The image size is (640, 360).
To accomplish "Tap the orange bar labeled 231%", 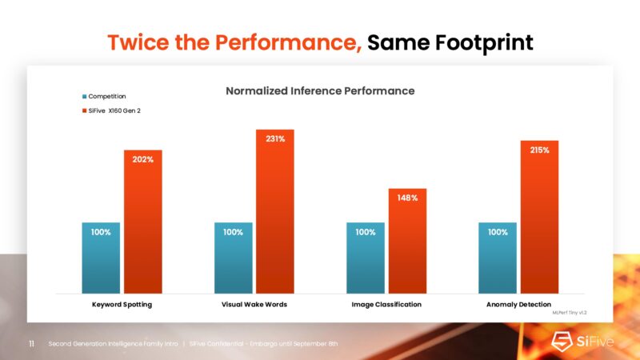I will point(275,211).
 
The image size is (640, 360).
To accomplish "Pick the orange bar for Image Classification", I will point(407,241).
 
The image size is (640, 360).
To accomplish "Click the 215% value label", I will point(539,150).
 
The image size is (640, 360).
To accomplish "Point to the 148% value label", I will point(407,198).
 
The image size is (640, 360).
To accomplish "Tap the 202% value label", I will point(143,159).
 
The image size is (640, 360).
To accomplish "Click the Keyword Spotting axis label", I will point(122,305).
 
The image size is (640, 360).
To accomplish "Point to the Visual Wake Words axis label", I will point(254,305).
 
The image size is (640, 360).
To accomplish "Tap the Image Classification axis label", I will point(386,305).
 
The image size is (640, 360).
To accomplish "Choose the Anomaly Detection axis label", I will point(518,305).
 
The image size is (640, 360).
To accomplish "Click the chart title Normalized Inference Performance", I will point(320,91).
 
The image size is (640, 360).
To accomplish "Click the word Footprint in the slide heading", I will point(483,42).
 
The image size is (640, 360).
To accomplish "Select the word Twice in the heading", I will point(136,42).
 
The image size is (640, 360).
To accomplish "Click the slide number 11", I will point(31,344).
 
